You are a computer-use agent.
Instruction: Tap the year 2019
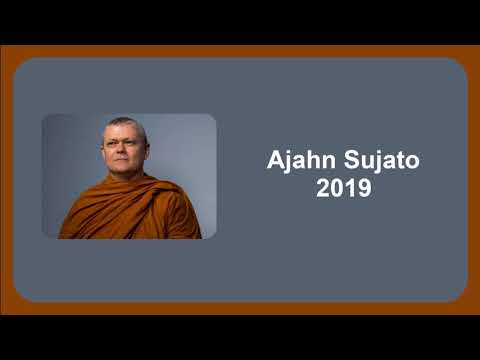tap(344, 188)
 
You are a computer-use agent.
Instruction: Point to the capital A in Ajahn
tap(276, 161)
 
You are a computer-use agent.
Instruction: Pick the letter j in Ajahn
tap(289, 162)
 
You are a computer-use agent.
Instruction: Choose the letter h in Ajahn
tap(313, 161)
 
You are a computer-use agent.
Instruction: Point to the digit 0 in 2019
tap(337, 188)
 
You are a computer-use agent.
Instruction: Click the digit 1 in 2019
tap(350, 188)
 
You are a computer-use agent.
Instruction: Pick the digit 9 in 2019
tap(364, 188)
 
